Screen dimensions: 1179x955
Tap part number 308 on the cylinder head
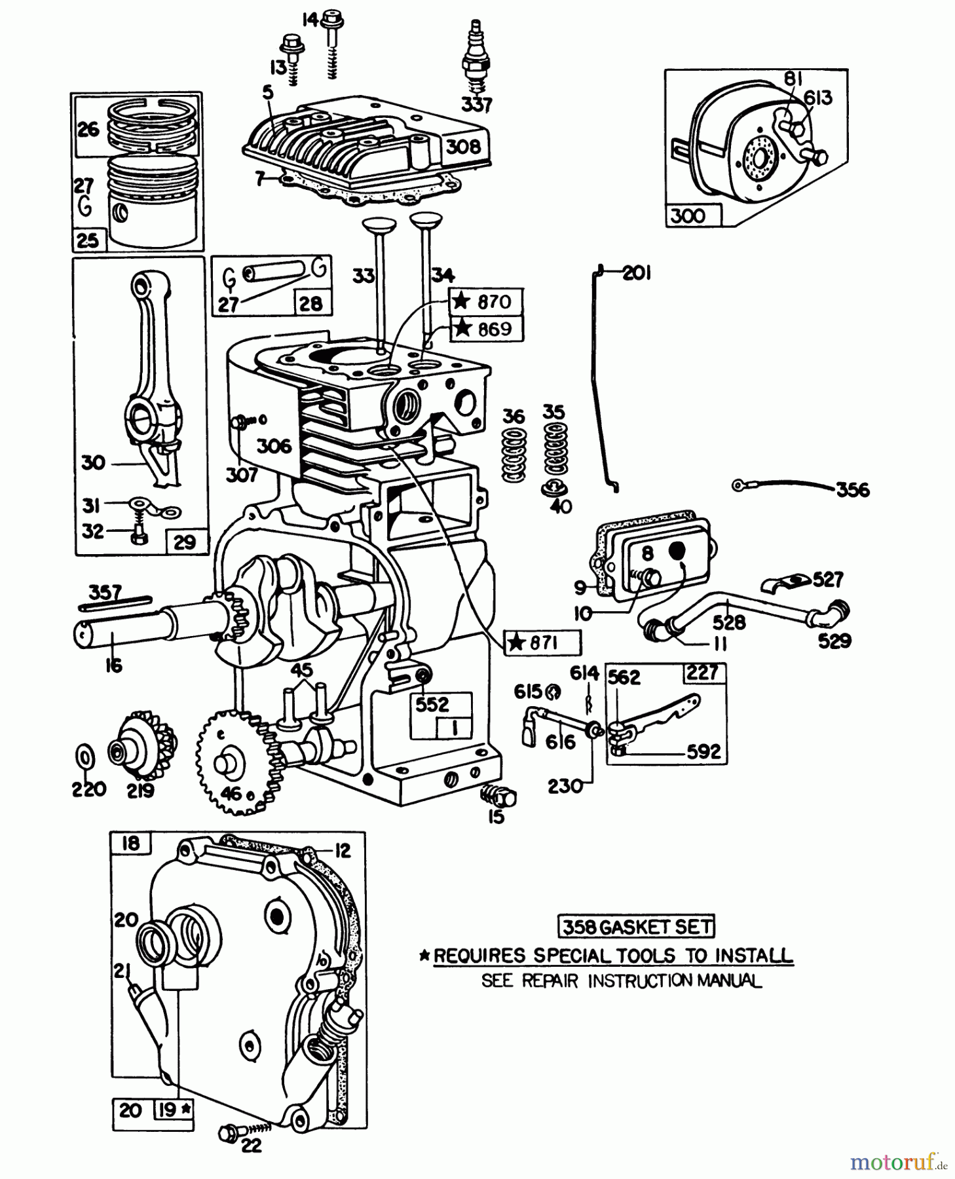[x=463, y=146]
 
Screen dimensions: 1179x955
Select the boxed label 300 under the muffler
[x=688, y=215]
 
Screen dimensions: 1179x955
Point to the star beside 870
[x=462, y=301]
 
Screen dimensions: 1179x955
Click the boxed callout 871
[x=542, y=643]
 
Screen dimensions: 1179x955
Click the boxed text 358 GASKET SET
[x=636, y=927]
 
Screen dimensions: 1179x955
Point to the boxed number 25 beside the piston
[x=88, y=240]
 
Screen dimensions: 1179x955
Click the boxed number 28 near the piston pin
[x=310, y=303]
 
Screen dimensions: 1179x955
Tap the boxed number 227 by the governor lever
[x=703, y=673]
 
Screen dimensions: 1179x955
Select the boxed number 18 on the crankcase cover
[x=130, y=843]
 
